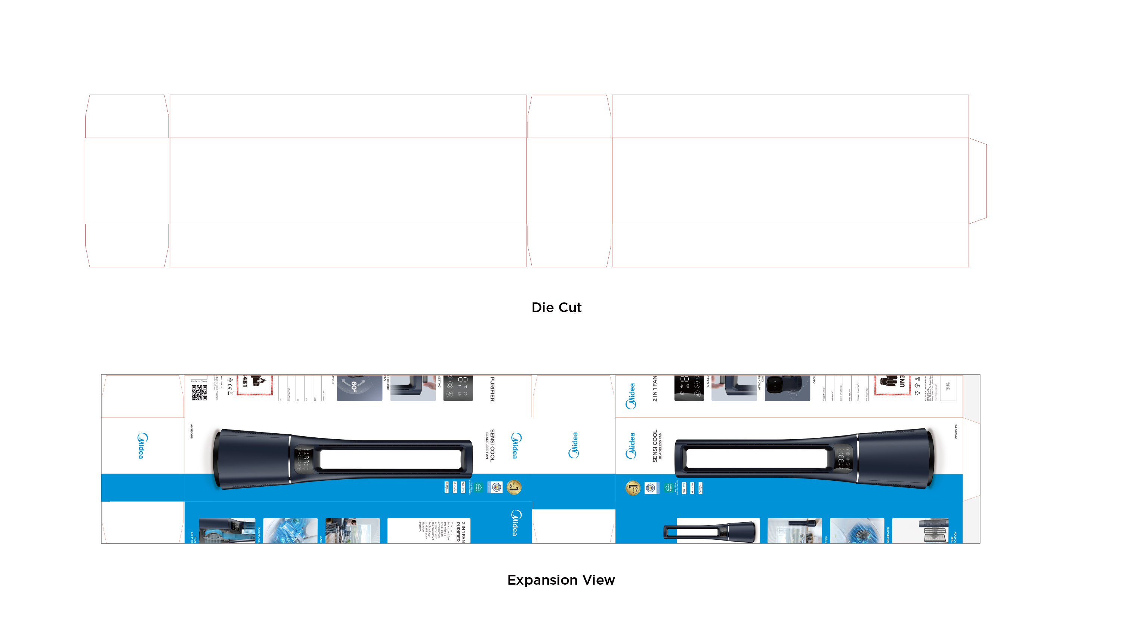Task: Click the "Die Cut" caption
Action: pos(556,307)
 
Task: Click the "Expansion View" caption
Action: pos(561,580)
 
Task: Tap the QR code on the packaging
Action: pos(199,393)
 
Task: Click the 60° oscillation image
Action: pos(359,388)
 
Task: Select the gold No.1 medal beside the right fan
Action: pos(633,488)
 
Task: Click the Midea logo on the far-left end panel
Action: pos(142,446)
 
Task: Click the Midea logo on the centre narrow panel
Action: pos(574,445)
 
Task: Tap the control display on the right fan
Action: pos(842,459)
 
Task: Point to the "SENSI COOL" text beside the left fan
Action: pos(492,445)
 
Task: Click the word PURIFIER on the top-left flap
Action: pos(492,389)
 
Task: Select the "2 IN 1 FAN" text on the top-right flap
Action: pos(655,388)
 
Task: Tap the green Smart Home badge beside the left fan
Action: pos(478,487)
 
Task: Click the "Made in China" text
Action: pos(199,381)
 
